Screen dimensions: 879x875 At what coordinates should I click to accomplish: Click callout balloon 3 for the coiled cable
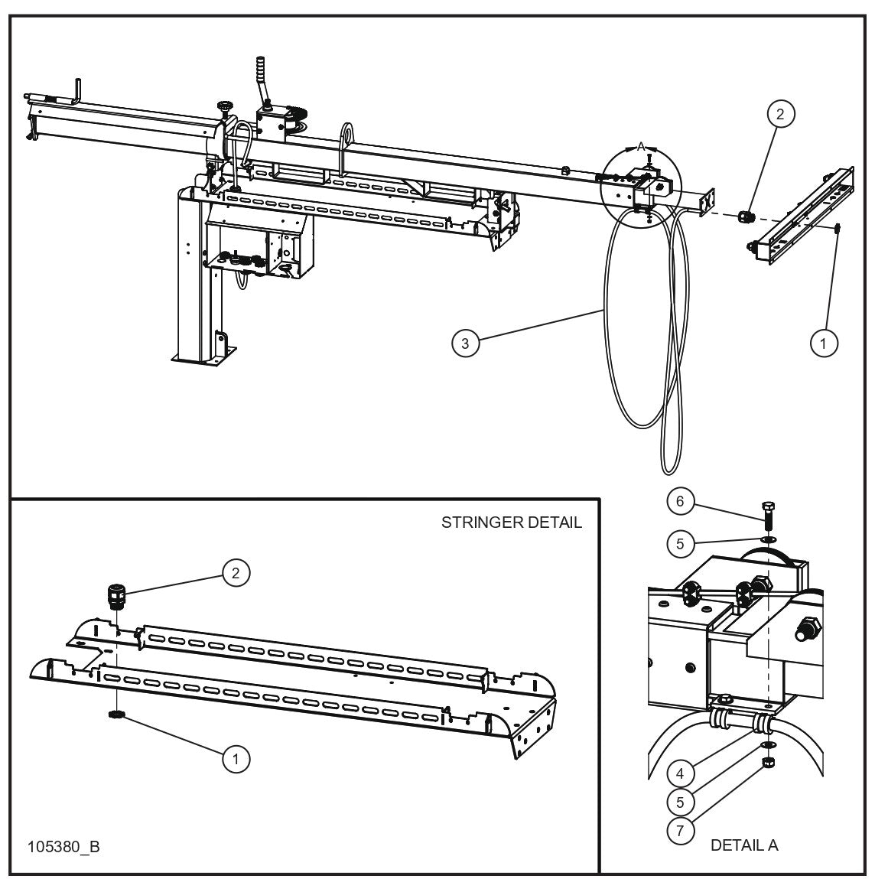click(x=465, y=343)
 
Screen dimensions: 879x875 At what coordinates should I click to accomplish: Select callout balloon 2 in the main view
click(x=780, y=114)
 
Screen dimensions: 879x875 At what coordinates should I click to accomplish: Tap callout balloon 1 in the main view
click(x=823, y=343)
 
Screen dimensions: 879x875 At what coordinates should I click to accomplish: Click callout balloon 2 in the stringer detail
click(x=236, y=573)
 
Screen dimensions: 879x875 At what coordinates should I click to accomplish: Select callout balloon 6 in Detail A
click(x=680, y=503)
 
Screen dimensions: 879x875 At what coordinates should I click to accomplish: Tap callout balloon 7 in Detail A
click(x=680, y=829)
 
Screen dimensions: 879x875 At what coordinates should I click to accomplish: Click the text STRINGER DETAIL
click(x=511, y=523)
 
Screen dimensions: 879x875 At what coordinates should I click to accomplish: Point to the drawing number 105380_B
click(x=63, y=848)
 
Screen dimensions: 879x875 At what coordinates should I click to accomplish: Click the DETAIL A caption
click(x=744, y=845)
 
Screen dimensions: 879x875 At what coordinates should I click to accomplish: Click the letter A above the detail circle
click(x=641, y=145)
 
